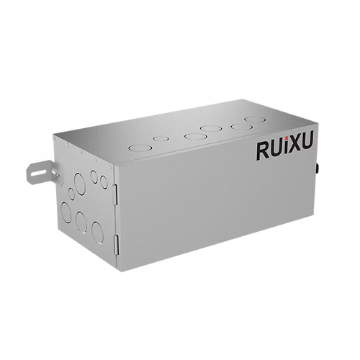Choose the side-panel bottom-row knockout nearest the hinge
pos(98,230)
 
